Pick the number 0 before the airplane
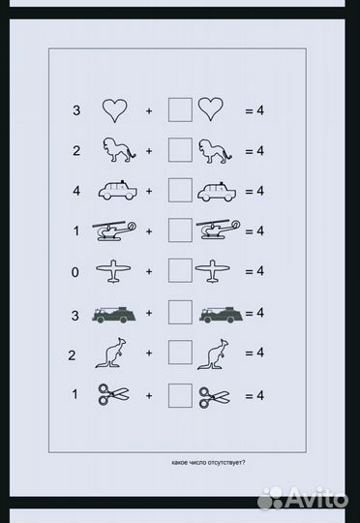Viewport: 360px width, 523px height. pos(75,272)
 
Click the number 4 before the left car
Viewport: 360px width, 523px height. pos(76,191)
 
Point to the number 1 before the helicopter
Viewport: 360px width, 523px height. pos(76,231)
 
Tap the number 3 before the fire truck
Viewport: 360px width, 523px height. pos(75,315)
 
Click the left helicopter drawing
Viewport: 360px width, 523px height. pos(114,230)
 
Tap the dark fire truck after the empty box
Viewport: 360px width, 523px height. pos(221,315)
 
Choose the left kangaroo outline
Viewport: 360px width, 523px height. pos(111,353)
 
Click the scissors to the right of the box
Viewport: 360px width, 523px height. pos(214,397)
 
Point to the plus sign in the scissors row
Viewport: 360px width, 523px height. pos(149,396)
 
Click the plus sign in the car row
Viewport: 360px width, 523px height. pos(149,191)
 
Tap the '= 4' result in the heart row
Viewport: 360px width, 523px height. pos(255,110)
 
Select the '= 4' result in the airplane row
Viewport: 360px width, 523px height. pos(255,271)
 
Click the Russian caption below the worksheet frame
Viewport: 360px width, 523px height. pos(208,463)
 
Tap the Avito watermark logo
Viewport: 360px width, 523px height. pos(303,499)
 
